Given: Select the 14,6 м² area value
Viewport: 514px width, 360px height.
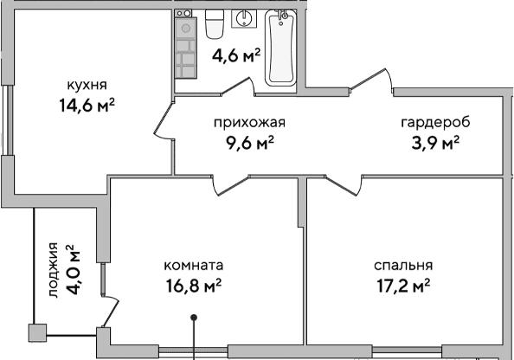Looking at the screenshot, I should (x=86, y=106).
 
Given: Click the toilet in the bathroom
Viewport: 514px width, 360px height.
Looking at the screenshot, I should (x=216, y=24).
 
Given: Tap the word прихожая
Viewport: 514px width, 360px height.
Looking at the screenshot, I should (x=249, y=122).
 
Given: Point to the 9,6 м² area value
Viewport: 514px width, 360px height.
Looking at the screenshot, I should (x=249, y=143).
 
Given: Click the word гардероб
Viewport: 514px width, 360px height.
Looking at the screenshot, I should (x=428, y=122).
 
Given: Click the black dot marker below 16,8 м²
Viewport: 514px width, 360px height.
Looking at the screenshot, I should (x=195, y=318).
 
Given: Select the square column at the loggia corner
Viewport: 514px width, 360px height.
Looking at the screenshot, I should (x=36, y=332).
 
